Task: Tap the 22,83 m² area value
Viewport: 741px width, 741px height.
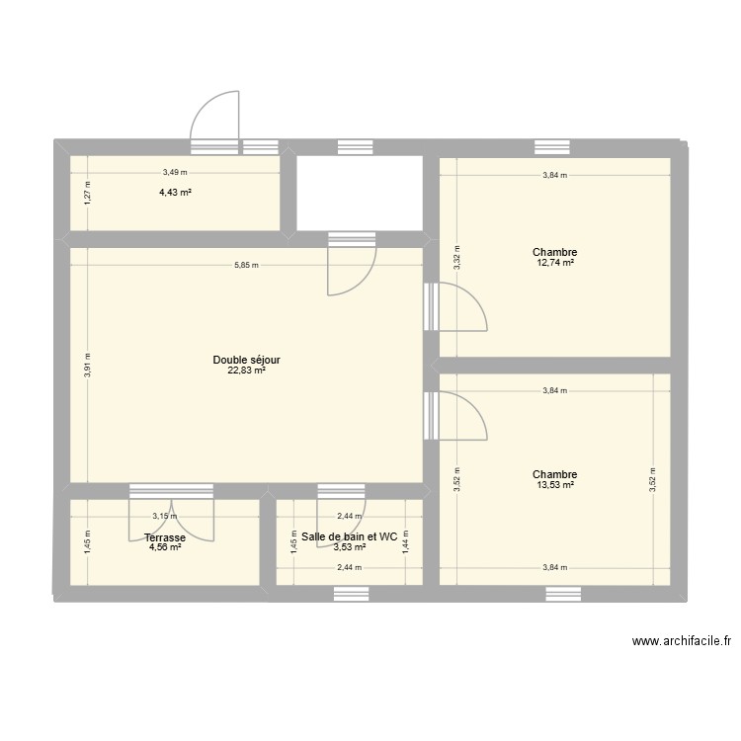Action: coord(246,371)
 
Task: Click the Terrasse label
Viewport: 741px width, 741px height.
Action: coord(150,537)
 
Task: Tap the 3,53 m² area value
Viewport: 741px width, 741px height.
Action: coord(349,547)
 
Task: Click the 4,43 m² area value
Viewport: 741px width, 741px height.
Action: coord(175,192)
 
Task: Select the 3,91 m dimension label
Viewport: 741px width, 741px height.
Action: coord(87,366)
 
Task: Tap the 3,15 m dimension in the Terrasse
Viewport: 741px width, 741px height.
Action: coord(164,516)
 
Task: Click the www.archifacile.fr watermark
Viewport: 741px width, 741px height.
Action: coord(681,641)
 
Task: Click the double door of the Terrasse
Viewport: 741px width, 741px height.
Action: coord(172,515)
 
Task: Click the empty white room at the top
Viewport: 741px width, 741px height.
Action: coord(360,194)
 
